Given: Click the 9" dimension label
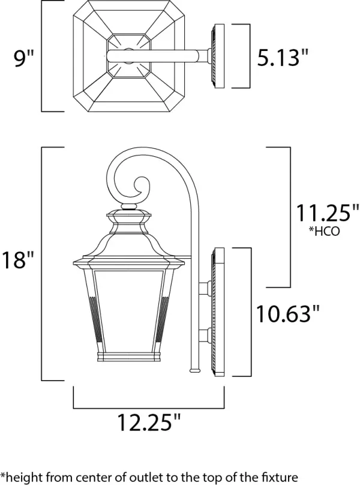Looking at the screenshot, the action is [x=23, y=58].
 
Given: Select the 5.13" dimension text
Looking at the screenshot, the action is [x=283, y=57].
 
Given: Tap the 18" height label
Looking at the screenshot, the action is [x=17, y=259].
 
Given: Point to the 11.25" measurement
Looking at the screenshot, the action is [x=328, y=213].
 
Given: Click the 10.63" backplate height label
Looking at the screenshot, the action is [x=287, y=313].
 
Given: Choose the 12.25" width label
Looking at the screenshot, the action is [x=149, y=422].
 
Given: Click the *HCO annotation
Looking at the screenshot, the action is [x=324, y=231].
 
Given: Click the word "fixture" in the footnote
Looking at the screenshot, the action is [x=279, y=477].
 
